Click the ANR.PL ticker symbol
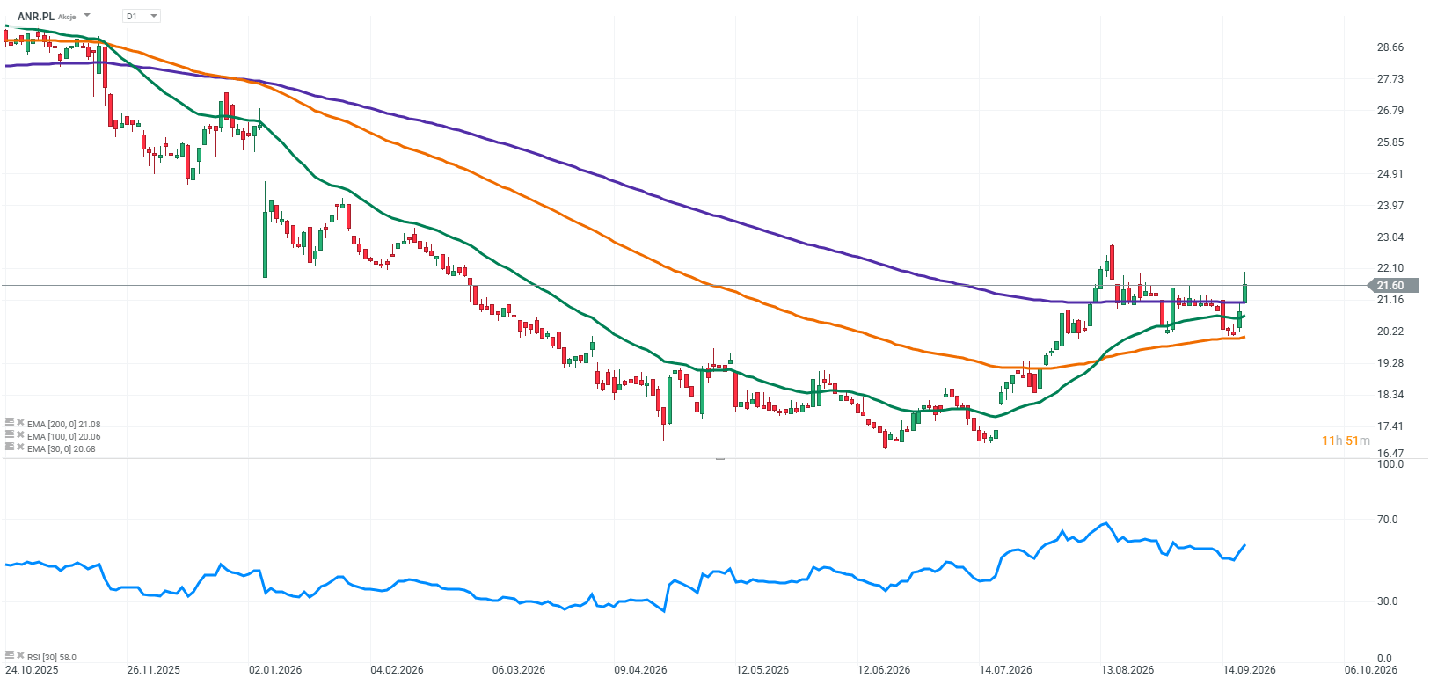tap(36, 17)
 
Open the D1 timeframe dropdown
tap(141, 16)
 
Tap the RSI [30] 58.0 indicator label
tap(52, 657)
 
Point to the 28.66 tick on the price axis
tap(1390, 47)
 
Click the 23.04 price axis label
tap(1390, 237)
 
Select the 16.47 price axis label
tap(1390, 453)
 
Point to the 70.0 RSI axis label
tap(1387, 520)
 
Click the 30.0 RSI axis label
tap(1387, 601)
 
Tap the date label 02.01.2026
tap(275, 670)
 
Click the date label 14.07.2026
tap(1005, 670)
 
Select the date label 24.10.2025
tap(32, 670)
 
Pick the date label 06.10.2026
tap(1370, 670)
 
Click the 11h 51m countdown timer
tap(1346, 441)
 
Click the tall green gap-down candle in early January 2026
tap(265, 230)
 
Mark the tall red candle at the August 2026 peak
tap(1113, 262)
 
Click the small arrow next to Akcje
tap(87, 15)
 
